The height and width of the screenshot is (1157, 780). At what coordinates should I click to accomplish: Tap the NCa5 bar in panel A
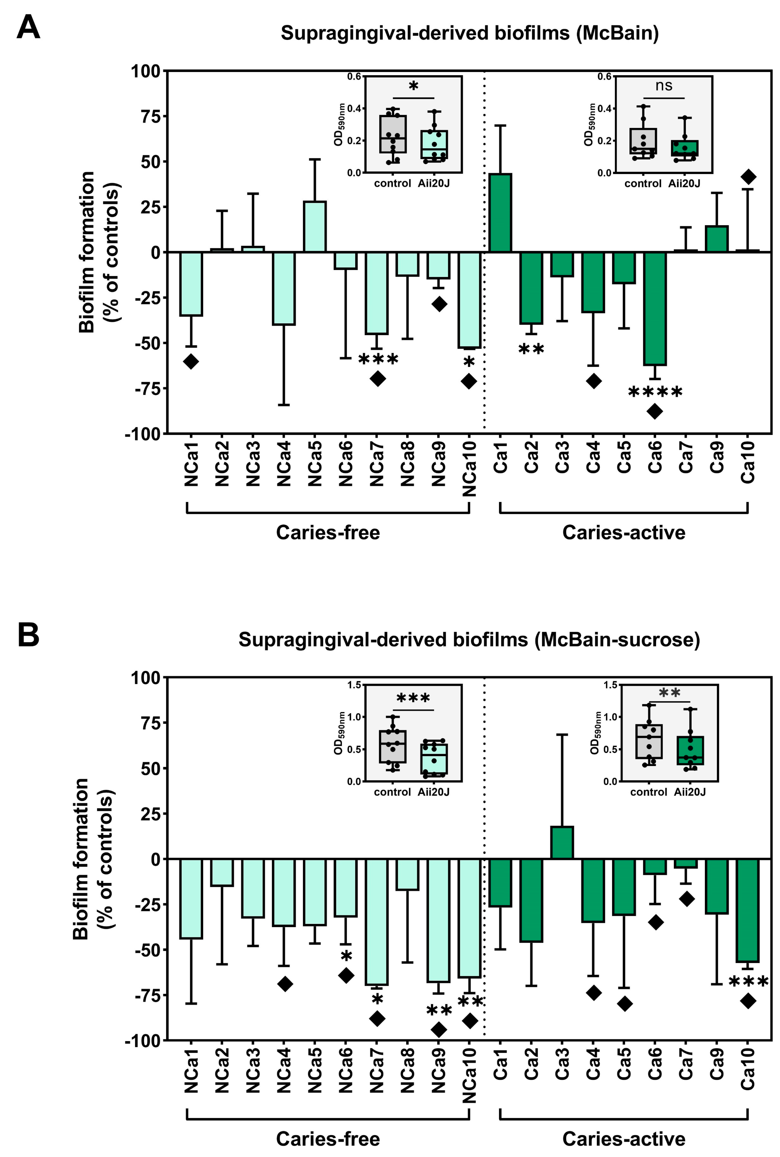pos(315,227)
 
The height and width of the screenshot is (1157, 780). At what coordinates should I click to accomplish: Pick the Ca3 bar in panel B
pos(562,842)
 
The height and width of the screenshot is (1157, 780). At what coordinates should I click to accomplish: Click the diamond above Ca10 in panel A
pos(748,177)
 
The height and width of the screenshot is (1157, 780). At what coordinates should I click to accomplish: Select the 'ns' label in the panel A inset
pos(664,86)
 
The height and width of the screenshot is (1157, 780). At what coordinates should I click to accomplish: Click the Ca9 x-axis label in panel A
pos(717,457)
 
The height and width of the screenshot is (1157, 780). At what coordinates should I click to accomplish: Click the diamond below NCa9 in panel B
pos(438,1030)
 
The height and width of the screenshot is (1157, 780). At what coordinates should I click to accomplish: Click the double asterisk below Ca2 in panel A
pos(531,349)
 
